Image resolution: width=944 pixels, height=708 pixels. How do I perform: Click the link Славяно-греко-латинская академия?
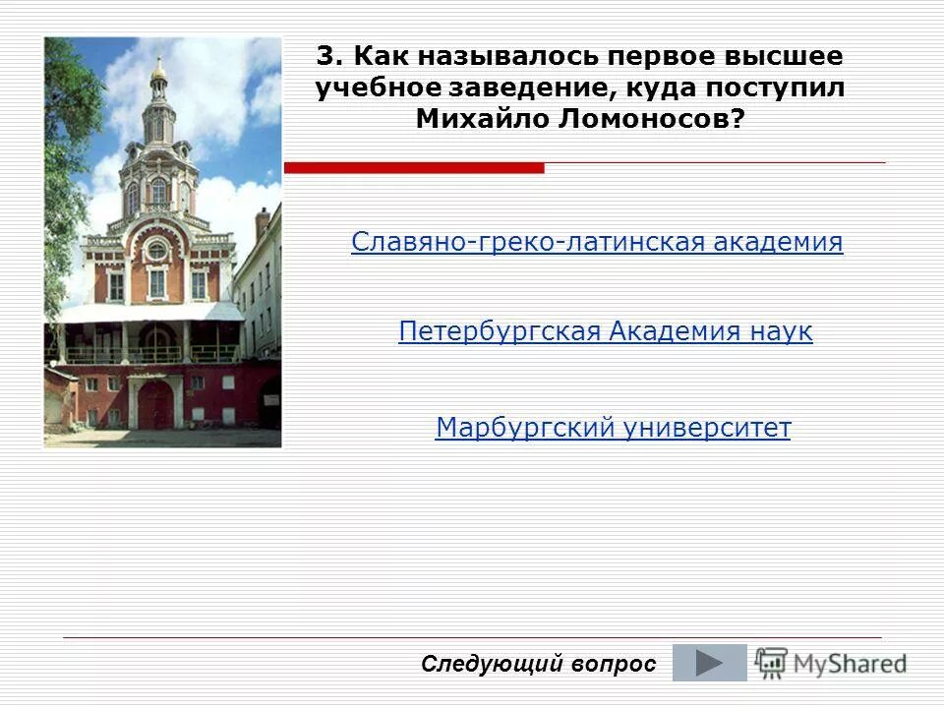click(597, 242)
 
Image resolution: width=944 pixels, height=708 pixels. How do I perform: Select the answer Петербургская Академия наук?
click(605, 332)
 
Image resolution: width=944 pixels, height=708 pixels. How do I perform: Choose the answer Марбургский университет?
click(613, 429)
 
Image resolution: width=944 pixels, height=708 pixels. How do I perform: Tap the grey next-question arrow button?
click(709, 663)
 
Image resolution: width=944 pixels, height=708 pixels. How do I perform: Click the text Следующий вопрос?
click(538, 664)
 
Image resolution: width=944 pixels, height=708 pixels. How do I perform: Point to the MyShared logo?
click(832, 663)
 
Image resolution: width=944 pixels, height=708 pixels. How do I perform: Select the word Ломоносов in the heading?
click(666, 118)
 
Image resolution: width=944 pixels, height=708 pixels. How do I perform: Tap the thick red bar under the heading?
click(414, 168)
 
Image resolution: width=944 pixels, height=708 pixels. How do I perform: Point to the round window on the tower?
click(157, 250)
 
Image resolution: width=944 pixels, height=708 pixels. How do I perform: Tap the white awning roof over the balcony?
click(147, 313)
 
